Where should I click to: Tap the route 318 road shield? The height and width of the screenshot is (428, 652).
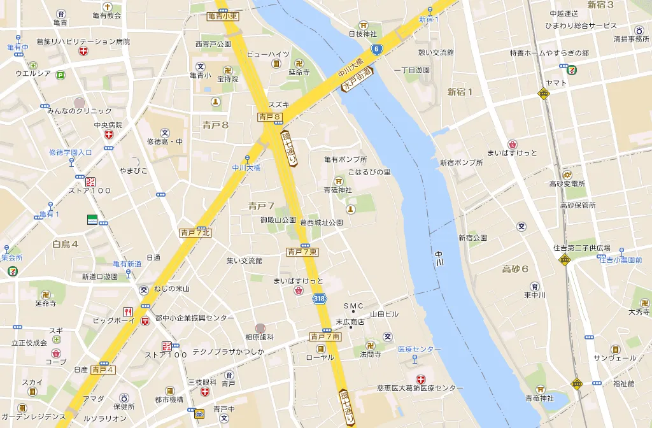click(319, 298)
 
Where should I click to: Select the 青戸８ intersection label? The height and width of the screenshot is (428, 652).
click(270, 117)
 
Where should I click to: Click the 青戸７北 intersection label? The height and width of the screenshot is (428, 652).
click(195, 232)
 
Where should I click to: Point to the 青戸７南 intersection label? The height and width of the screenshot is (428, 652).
click(325, 336)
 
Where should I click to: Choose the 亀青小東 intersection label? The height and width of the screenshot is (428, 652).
click(223, 16)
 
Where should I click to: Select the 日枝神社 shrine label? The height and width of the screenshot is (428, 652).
click(363, 33)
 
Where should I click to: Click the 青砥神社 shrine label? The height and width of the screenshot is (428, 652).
click(337, 189)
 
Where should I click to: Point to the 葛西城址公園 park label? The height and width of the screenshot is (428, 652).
click(322, 222)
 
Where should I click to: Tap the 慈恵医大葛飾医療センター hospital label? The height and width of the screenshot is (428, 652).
click(420, 388)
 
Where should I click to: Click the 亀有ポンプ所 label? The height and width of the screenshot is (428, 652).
click(345, 159)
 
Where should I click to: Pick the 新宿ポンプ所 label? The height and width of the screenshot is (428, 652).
click(461, 162)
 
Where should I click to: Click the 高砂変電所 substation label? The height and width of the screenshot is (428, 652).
click(567, 184)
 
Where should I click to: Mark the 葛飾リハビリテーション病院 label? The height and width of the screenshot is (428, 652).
click(83, 41)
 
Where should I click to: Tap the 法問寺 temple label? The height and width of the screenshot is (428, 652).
click(370, 353)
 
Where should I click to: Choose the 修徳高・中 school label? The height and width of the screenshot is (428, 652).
click(165, 141)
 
